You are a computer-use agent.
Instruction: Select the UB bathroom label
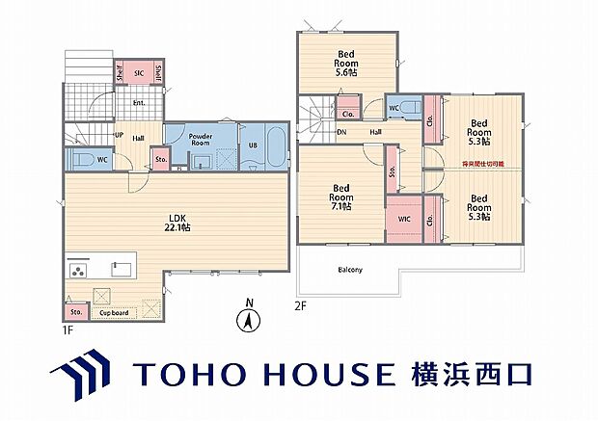(x=254, y=145)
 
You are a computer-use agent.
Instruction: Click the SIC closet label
(x=139, y=73)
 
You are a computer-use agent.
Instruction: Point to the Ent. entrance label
(x=138, y=103)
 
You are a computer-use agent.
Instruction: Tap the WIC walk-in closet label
(x=403, y=219)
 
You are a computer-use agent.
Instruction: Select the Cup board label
(x=114, y=312)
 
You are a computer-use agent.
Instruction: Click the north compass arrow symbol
(x=249, y=318)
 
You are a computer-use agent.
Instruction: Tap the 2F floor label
(x=302, y=306)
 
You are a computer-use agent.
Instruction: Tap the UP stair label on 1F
(x=119, y=136)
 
